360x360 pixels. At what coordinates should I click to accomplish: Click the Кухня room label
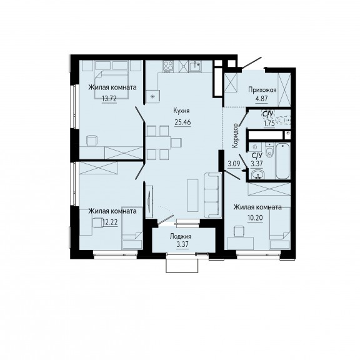tap(182, 111)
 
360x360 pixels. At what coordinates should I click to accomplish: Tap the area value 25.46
tap(182, 122)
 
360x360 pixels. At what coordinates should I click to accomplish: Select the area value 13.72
tap(109, 99)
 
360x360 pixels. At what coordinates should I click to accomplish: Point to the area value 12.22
tap(111, 222)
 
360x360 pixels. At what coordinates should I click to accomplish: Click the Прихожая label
tap(262, 90)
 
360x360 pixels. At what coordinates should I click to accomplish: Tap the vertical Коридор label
tap(235, 136)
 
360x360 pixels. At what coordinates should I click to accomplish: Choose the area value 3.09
tap(234, 164)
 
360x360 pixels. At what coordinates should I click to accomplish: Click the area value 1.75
tap(269, 124)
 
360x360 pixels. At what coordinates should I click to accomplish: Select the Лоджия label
tap(181, 236)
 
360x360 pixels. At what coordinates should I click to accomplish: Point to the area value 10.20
tap(255, 217)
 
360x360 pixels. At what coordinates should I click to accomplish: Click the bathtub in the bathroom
tap(282, 161)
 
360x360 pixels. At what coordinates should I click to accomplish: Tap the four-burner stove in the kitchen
tap(168, 66)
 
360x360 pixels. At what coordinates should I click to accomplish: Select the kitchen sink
tap(195, 66)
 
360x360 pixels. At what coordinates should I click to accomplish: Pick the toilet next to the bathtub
tap(269, 150)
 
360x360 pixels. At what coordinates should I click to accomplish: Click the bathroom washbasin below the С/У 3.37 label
tap(258, 174)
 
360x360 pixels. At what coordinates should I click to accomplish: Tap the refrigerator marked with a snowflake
tap(152, 97)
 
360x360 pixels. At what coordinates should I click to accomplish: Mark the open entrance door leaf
tap(252, 62)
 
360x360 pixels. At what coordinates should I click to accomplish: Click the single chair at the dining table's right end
tap(177, 142)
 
